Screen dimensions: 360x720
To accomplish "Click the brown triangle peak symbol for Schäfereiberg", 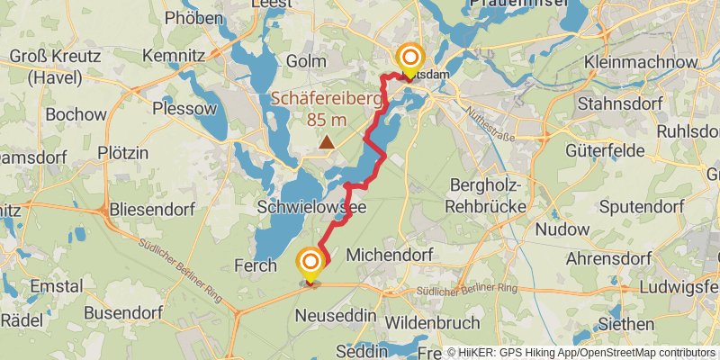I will (326, 142).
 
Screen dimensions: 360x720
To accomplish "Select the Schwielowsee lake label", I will (310, 206).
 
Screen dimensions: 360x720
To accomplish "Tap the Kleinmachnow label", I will (641, 62).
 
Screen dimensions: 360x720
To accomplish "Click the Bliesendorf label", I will (155, 209).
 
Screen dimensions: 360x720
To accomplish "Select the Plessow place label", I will (185, 109).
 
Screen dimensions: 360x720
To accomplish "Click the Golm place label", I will (304, 60).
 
